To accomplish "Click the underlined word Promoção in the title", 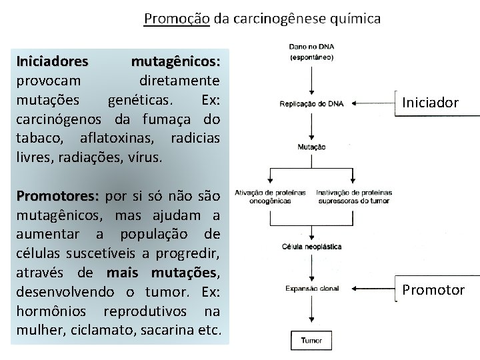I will click(177, 19).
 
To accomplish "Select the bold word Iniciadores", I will click(52, 62).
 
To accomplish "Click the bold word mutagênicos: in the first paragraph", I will click(176, 62).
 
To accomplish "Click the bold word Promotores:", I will click(58, 197).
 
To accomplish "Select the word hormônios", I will click(56, 313).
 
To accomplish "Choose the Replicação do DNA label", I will click(312, 103).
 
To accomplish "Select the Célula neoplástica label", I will click(312, 246).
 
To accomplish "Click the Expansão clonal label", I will click(312, 289).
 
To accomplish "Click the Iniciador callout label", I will click(430, 102).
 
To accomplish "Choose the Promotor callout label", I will click(433, 289).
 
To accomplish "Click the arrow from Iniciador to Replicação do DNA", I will click(373, 103).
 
